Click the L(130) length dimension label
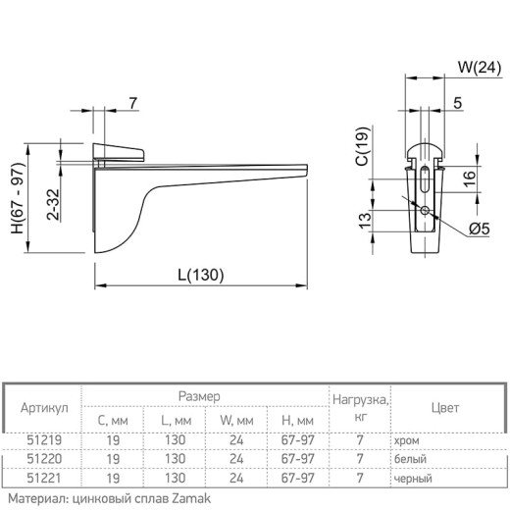201,275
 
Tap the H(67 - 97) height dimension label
18,198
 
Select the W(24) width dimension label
480,68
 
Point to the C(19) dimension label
363,146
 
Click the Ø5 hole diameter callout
480,229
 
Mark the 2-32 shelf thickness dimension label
53,204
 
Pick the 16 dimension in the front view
469,178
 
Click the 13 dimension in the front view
365,221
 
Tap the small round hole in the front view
425,210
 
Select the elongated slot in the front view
425,179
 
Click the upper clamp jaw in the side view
119,152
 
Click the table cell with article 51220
44,459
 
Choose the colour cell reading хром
407,440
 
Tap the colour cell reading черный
413,479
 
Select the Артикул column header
44,408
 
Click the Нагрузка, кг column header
361,408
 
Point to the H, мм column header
297,421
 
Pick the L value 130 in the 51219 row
175,440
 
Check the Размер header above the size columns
199,396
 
